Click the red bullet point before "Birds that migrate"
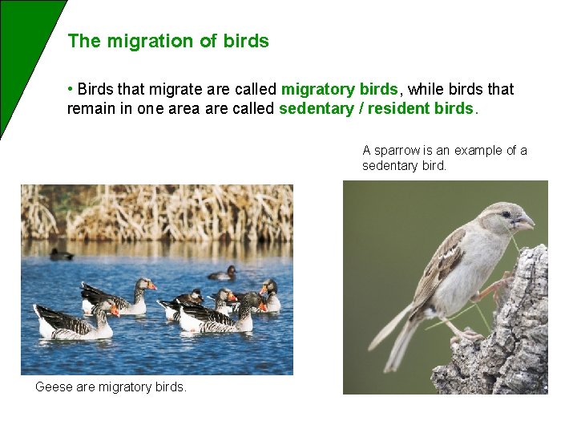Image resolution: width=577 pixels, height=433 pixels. pos(71,89)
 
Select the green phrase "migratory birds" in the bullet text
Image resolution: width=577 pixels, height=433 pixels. pos(340,89)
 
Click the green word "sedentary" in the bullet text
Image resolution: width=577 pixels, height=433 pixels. pos(316,108)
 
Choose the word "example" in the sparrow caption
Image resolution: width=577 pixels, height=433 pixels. pos(480,150)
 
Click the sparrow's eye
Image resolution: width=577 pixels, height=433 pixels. pos(506,214)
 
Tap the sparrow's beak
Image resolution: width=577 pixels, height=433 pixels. pos(524,222)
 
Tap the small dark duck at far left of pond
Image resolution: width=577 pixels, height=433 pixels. pos(61,255)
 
